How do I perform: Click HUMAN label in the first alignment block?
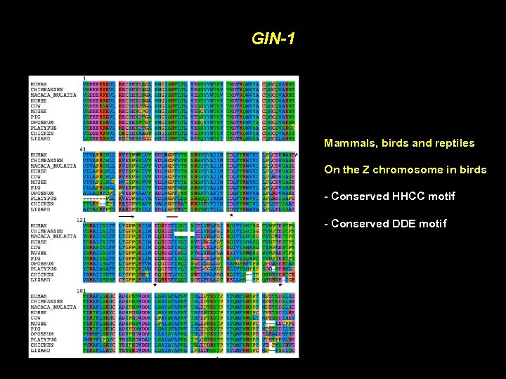tap(39, 85)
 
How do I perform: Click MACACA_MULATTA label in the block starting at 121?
tap(53, 237)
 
